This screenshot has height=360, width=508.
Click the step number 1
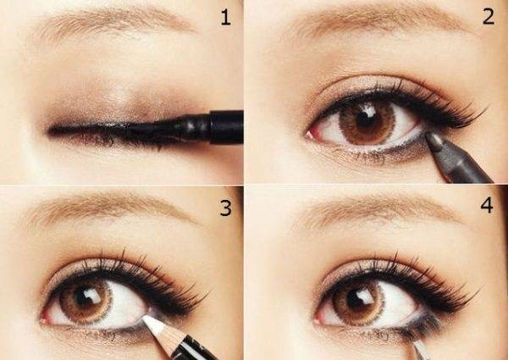click(x=225, y=17)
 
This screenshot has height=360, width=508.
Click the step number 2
click(x=489, y=16)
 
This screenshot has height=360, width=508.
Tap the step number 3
click(x=226, y=208)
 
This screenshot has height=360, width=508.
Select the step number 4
click(x=487, y=205)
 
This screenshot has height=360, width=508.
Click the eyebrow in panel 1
click(x=113, y=23)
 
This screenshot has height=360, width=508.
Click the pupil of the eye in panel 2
click(x=366, y=119)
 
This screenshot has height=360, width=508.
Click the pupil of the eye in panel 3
click(x=85, y=297)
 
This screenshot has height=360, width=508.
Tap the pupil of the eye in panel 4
click(x=358, y=299)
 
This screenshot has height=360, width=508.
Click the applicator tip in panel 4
click(x=421, y=349)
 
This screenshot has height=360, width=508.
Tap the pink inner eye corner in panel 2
click(x=311, y=134)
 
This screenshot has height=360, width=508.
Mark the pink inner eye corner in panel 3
click(x=45, y=318)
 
